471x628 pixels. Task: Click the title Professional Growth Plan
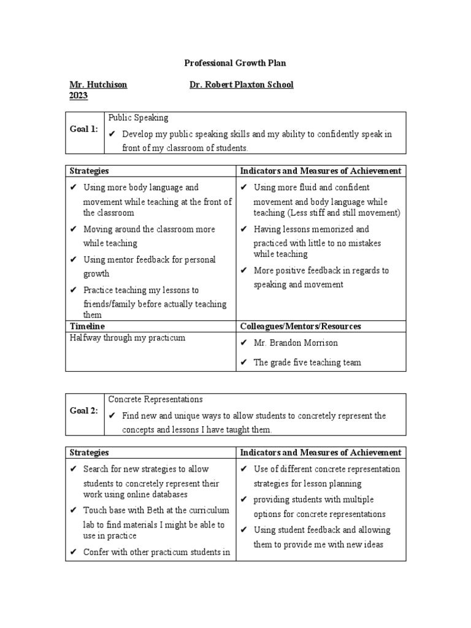tap(235, 63)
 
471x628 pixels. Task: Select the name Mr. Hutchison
tap(99, 85)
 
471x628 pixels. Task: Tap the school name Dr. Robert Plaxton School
tap(242, 85)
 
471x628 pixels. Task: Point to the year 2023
tap(78, 96)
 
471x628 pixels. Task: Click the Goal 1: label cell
tap(85, 129)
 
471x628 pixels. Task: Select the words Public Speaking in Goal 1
tap(138, 118)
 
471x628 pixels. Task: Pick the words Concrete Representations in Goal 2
tap(155, 399)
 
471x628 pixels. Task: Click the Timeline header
tap(87, 326)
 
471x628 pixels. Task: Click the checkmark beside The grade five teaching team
tap(243, 362)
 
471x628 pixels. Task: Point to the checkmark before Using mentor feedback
tap(74, 260)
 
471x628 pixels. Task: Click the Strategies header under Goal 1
tap(89, 170)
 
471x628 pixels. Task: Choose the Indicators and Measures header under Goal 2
tap(320, 453)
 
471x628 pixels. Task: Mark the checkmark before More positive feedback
tap(243, 270)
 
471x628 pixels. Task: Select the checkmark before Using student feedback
tap(243, 530)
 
